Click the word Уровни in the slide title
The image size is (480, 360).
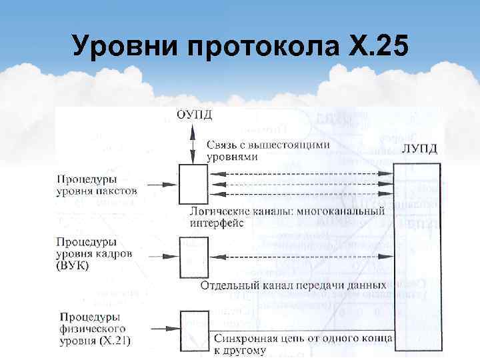click(127, 48)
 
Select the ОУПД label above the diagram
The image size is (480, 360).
click(195, 114)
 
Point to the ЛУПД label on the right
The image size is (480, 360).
click(419, 149)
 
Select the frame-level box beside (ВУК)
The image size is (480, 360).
click(193, 255)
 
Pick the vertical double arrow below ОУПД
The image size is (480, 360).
click(193, 143)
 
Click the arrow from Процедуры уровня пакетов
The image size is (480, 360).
click(161, 185)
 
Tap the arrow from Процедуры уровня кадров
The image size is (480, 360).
click(161, 255)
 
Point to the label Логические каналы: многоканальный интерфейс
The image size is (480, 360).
click(287, 217)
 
